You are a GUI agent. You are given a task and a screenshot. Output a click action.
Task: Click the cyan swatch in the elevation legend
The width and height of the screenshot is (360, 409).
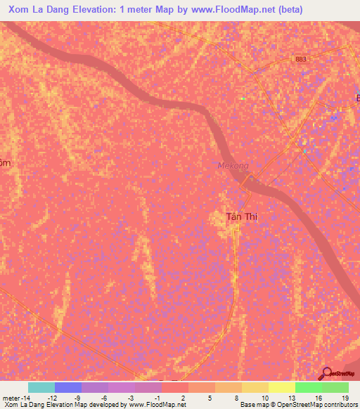click(41, 387)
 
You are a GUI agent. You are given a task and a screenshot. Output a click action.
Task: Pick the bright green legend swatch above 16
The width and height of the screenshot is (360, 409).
click(308, 387)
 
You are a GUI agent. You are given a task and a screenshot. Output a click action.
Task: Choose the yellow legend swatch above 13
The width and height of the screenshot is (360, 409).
click(281, 387)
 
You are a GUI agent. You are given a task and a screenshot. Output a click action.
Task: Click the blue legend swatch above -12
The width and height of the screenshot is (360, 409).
click(67, 387)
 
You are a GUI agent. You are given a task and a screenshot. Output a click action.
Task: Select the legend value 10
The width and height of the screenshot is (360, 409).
click(265, 398)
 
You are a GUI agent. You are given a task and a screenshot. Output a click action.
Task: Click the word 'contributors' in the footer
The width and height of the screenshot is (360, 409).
click(340, 405)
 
